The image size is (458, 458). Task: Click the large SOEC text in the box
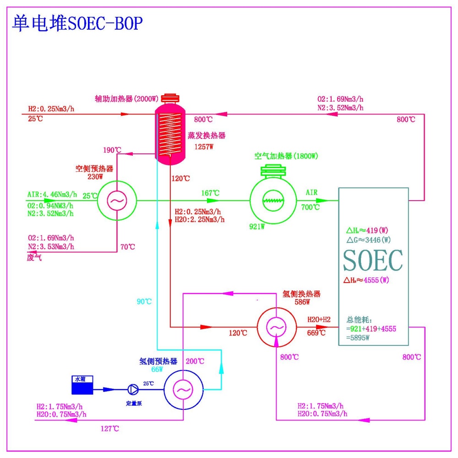pyautogui.click(x=373, y=260)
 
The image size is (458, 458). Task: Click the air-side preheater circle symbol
pyautogui.click(x=117, y=200)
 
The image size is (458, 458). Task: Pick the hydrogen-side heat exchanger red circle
pyautogui.click(x=277, y=327)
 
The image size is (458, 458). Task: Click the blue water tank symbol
pyautogui.click(x=82, y=385)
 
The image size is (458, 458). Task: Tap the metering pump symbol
pyautogui.click(x=132, y=390)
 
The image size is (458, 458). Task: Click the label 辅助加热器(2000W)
pyautogui.click(x=126, y=98)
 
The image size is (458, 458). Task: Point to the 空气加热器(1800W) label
pyautogui.click(x=286, y=156)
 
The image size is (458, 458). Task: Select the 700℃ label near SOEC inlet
pyautogui.click(x=310, y=207)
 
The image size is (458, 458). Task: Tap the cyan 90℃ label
pyautogui.click(x=144, y=301)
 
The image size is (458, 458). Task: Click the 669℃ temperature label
pyautogui.click(x=316, y=333)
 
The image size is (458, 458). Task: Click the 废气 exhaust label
pyautogui.click(x=35, y=257)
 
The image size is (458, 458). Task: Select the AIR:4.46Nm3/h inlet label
pyautogui.click(x=52, y=195)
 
